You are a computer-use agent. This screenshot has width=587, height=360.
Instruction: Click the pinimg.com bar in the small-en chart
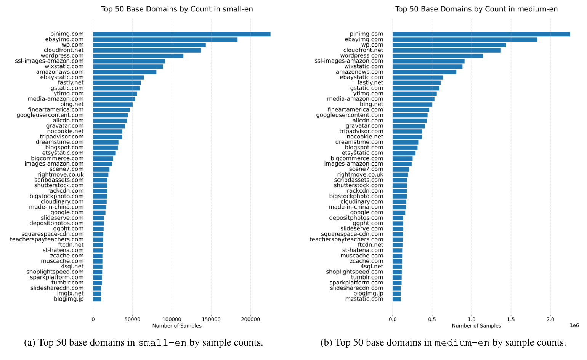click(181, 34)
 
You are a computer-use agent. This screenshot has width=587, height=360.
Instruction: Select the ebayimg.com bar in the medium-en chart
click(465, 40)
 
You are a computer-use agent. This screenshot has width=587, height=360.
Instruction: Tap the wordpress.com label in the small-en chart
click(62, 56)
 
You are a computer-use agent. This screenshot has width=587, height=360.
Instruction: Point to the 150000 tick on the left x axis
click(211, 319)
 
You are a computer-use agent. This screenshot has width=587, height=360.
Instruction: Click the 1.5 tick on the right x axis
click(511, 319)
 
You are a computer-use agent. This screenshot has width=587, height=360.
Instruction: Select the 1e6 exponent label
click(574, 325)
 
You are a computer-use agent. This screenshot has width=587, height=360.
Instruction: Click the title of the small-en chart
click(176, 9)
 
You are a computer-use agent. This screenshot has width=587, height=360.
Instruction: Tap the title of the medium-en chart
click(476, 9)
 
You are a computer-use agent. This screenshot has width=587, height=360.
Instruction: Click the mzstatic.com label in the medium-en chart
click(364, 299)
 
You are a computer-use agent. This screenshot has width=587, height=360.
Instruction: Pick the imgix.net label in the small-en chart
click(70, 294)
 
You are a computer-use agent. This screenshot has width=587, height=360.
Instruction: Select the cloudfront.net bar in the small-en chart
click(147, 50)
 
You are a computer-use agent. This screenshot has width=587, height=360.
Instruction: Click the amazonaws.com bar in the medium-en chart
click(424, 72)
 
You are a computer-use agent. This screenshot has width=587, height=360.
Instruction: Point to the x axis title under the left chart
click(177, 326)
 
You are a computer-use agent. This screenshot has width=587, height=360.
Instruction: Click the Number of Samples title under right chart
click(476, 326)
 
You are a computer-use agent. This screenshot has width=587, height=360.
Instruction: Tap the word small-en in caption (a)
click(162, 343)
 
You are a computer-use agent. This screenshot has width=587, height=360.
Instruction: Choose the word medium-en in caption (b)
click(462, 343)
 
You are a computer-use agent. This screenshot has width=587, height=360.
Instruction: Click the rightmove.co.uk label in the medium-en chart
click(360, 175)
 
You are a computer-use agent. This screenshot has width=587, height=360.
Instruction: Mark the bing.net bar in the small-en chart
click(113, 104)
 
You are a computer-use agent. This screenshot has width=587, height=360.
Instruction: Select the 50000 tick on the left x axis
click(132, 319)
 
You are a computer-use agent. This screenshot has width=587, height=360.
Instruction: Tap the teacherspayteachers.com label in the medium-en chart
click(346, 239)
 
